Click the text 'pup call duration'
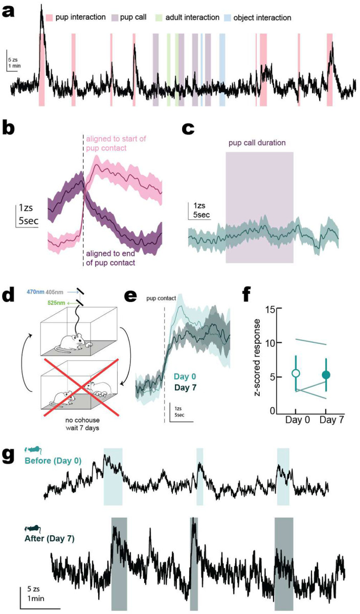[x=259, y=142]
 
